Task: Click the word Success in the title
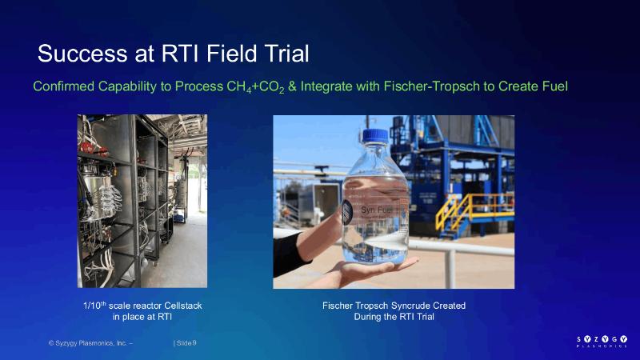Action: tap(83, 54)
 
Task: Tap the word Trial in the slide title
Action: tap(286, 54)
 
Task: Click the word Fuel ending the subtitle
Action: tap(555, 86)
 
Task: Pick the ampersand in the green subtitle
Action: tap(292, 86)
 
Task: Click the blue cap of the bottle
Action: tap(375, 136)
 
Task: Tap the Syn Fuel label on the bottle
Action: tap(376, 210)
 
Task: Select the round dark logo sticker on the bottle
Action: tap(347, 211)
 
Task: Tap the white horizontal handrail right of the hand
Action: tap(462, 246)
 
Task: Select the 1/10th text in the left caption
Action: tap(94, 306)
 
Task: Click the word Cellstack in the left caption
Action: tap(183, 306)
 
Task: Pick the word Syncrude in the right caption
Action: tap(412, 306)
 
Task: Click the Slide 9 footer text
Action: tap(186, 343)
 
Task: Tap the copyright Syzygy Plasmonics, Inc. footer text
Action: tap(90, 343)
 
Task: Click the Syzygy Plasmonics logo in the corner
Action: tap(602, 342)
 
